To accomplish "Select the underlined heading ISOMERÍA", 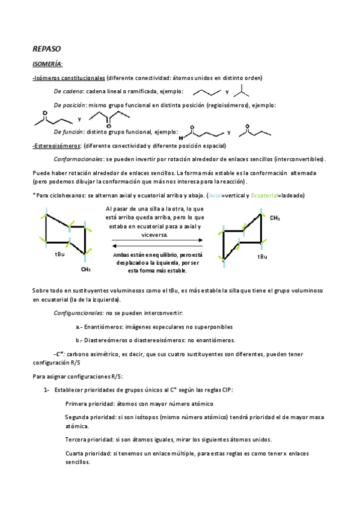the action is click(x=47, y=64).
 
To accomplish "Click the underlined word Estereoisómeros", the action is click(x=58, y=146).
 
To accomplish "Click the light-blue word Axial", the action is click(x=215, y=195).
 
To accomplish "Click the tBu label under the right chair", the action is click(x=262, y=256).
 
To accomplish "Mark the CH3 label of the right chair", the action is click(x=275, y=218).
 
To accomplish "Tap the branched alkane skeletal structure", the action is click(x=242, y=90).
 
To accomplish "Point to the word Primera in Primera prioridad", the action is click(x=79, y=404).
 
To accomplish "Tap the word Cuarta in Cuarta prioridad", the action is click(x=78, y=452).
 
